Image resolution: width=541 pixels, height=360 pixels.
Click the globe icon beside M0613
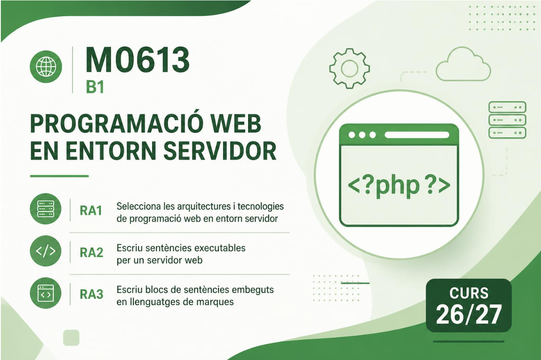point(46,66)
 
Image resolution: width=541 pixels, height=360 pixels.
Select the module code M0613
point(137,60)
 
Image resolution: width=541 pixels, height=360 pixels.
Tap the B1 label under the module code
point(95,87)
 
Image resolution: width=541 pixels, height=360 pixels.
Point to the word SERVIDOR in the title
point(220,151)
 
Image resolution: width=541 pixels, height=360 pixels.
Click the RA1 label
point(91,211)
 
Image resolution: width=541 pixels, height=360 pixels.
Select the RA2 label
point(91,252)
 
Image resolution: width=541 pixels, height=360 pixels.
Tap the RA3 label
point(91,294)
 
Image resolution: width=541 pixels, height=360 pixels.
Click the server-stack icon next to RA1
point(46,209)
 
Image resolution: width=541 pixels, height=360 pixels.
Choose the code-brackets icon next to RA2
point(46,251)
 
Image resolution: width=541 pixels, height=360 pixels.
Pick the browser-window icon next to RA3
point(46,293)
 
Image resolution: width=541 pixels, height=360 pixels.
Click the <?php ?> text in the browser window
point(399,185)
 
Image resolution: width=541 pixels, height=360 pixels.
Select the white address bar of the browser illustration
point(417,135)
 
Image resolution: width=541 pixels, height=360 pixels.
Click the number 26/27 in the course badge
point(469,314)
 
